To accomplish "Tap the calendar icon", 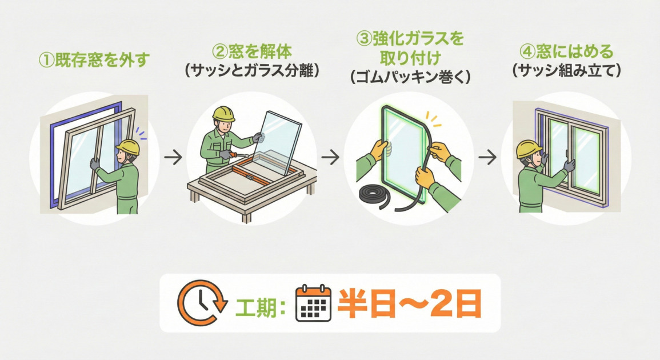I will [313, 303].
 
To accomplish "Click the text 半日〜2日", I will [409, 303].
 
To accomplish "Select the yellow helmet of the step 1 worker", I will [128, 147].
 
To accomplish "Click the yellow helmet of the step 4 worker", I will [529, 149].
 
